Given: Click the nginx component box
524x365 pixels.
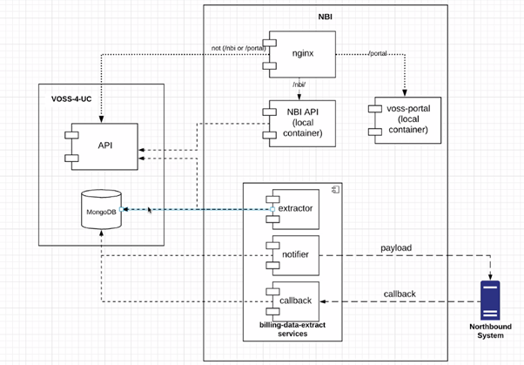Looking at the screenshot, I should click(302, 54).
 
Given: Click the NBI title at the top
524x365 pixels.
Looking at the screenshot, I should click(325, 17).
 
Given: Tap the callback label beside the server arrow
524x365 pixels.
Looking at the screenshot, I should click(400, 294).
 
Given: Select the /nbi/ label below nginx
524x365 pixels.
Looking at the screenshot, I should click(298, 84).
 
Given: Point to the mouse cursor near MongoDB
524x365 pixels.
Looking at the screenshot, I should click(151, 210).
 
